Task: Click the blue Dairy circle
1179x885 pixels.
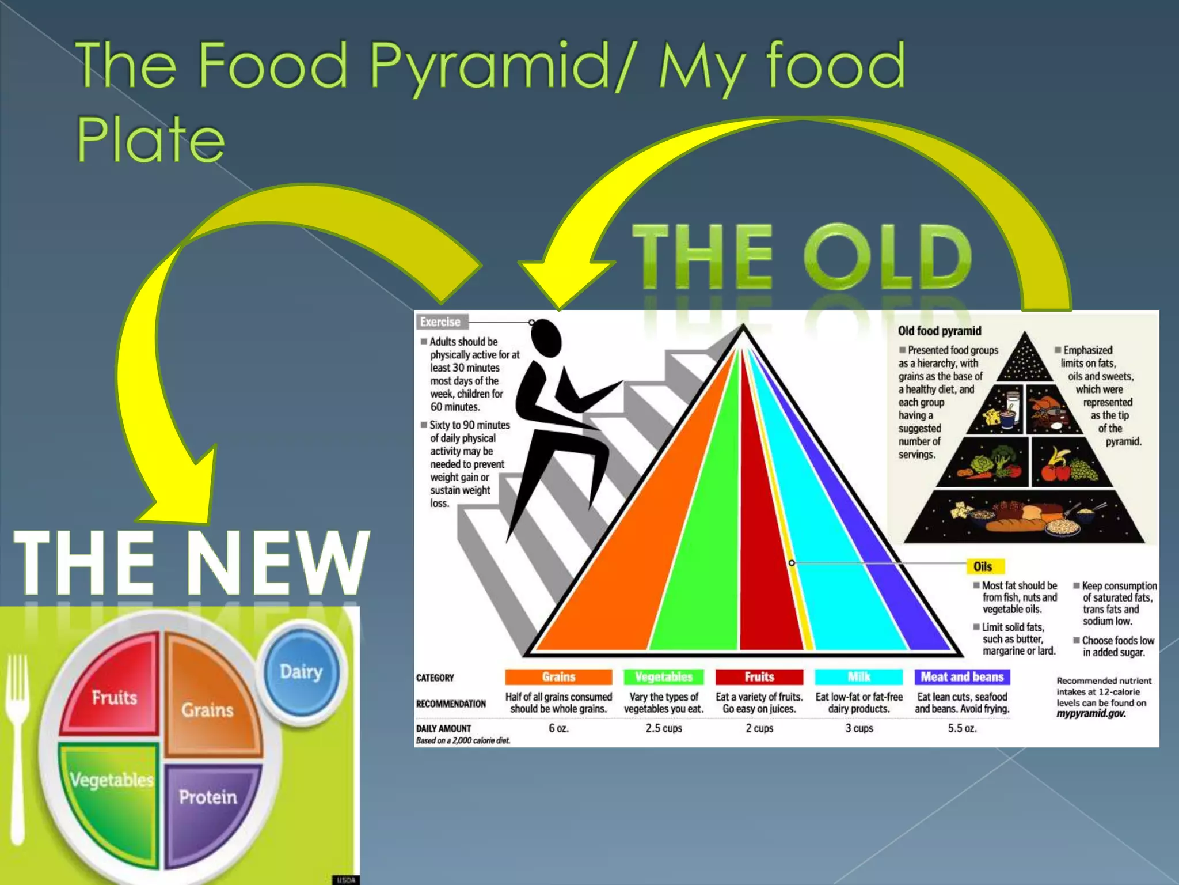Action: [x=301, y=671]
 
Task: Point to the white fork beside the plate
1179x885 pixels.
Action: [x=17, y=749]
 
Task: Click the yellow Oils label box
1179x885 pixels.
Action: [x=983, y=566]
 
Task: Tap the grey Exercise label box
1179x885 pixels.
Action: [x=440, y=322]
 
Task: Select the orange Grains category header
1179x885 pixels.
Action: [x=558, y=677]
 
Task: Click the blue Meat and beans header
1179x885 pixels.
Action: [x=962, y=677]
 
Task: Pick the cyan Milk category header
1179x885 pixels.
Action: [x=859, y=677]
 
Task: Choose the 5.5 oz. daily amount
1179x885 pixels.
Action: [x=962, y=728]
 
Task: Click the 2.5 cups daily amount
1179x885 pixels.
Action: [x=664, y=728]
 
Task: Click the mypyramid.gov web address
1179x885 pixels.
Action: [x=1091, y=714]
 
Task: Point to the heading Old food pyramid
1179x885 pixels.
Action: [x=940, y=331]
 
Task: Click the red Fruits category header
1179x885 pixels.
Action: [x=759, y=677]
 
